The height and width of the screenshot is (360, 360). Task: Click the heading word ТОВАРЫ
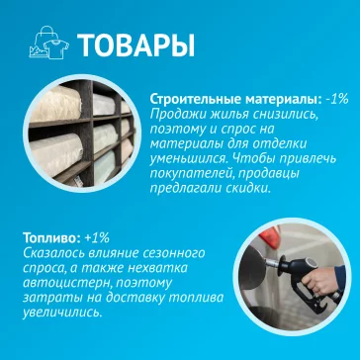pos(134,45)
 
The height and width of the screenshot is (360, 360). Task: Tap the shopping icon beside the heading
pos(46,45)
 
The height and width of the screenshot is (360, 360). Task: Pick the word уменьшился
pos(188,157)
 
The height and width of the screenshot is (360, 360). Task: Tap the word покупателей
pos(191,187)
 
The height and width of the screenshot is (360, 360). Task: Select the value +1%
pos(97,239)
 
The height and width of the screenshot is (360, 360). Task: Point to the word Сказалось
pos(52,254)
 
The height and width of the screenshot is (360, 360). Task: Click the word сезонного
pos(177,254)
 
